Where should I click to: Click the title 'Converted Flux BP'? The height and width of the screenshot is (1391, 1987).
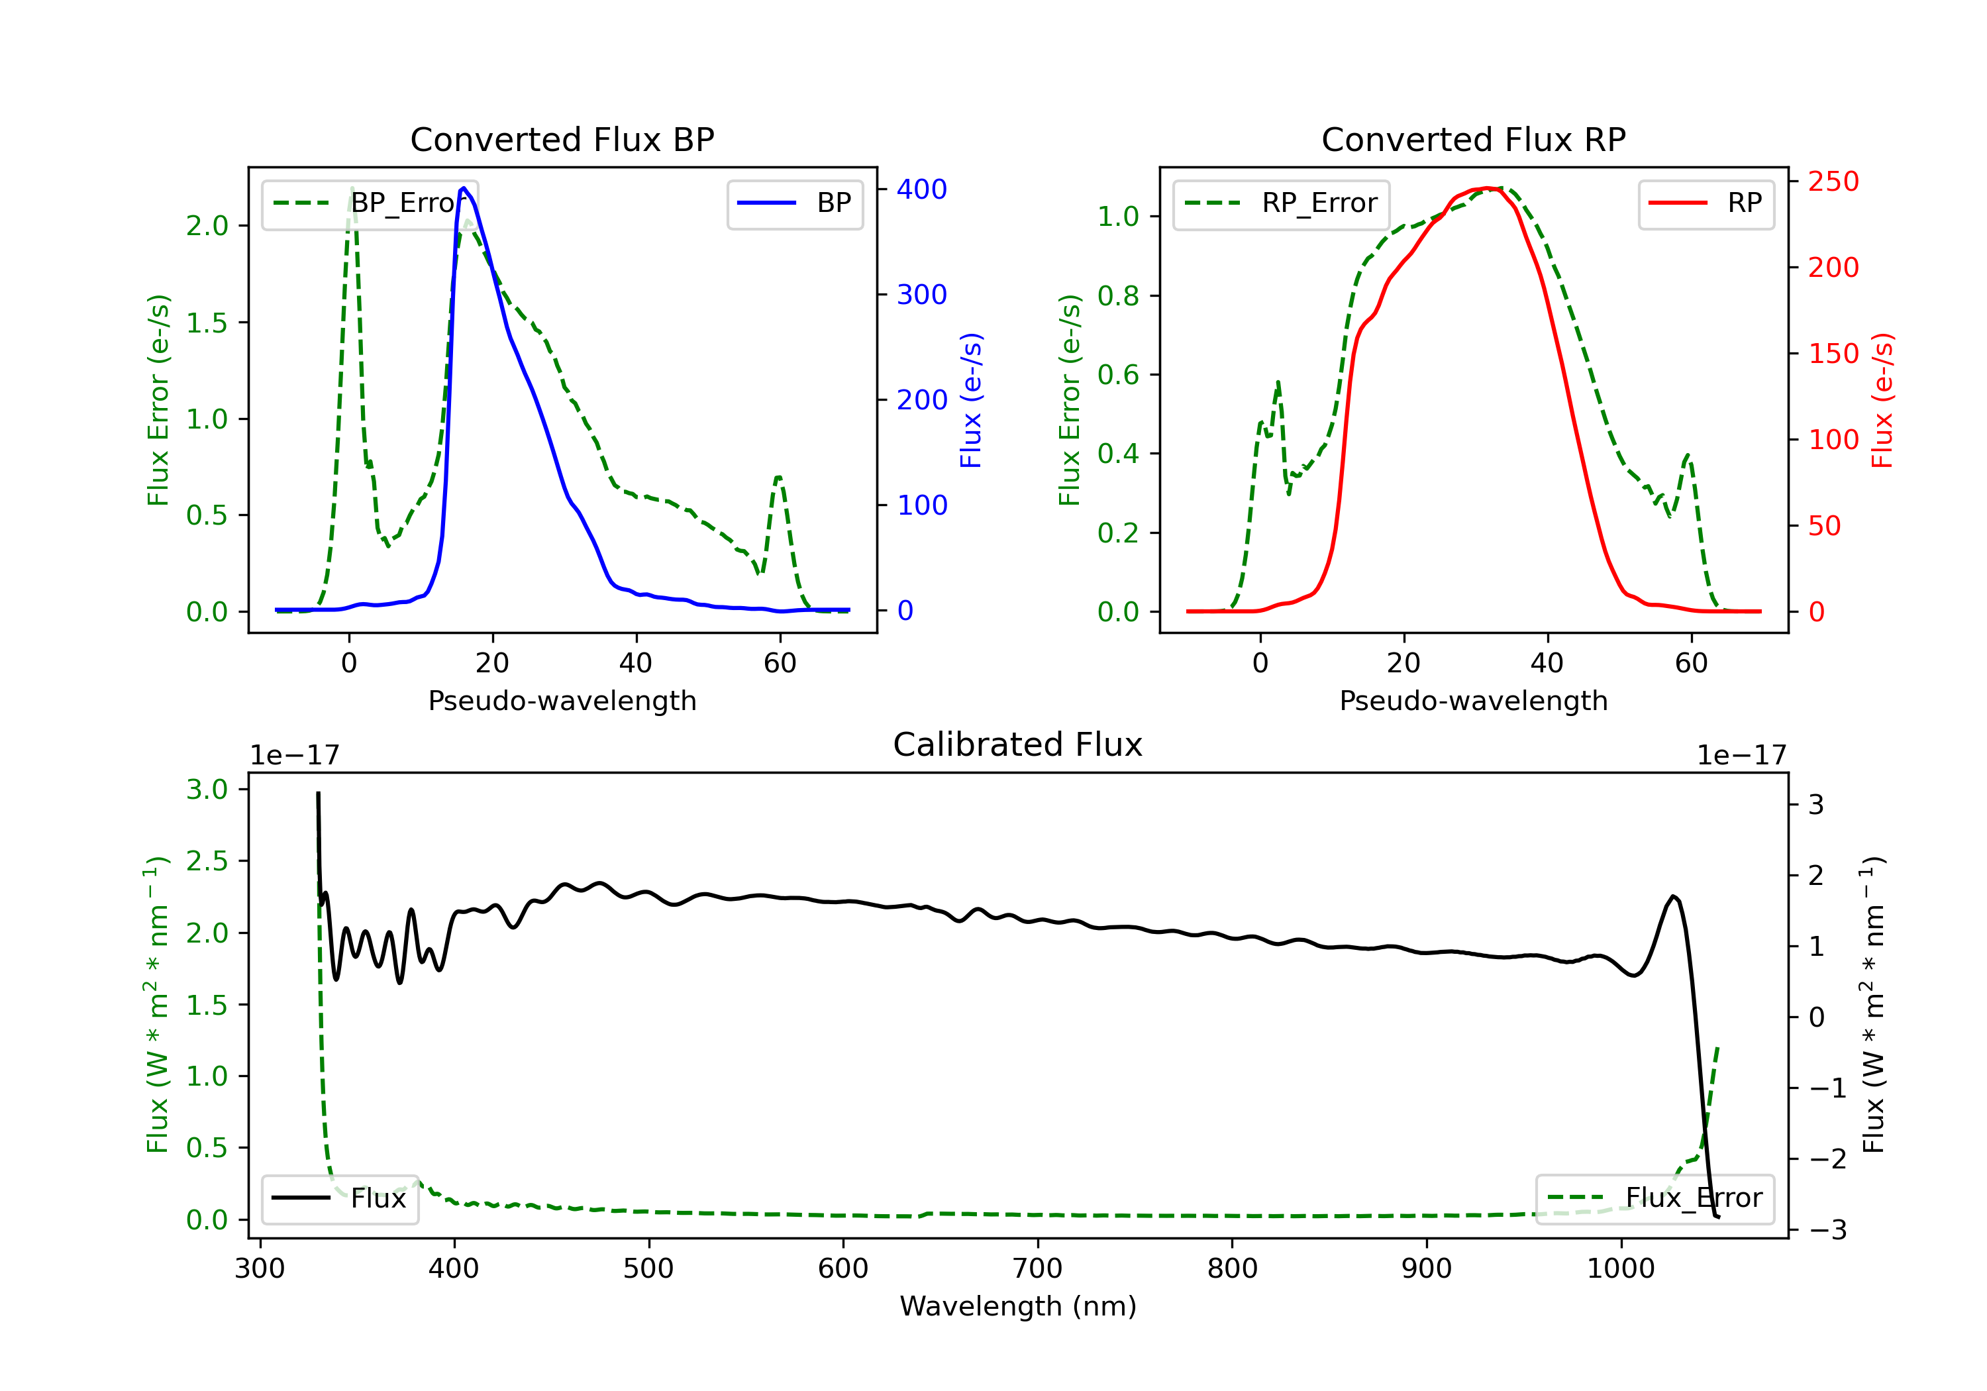tap(562, 139)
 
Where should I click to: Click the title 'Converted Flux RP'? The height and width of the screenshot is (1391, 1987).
tap(1473, 139)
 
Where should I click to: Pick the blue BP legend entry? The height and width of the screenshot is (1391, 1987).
tap(794, 203)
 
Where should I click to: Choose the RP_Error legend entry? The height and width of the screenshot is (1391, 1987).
tap(1281, 203)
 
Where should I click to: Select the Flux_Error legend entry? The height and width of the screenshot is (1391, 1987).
tap(1654, 1198)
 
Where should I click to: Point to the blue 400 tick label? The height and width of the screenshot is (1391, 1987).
tap(922, 189)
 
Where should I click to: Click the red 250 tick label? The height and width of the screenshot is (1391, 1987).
tap(1833, 181)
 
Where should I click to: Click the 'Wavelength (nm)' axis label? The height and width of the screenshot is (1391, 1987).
tap(1018, 1306)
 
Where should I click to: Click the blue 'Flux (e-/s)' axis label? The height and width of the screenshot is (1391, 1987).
tap(971, 400)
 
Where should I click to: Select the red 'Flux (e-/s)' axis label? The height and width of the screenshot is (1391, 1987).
tap(1882, 400)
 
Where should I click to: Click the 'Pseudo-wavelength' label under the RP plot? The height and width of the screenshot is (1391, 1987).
tap(1473, 701)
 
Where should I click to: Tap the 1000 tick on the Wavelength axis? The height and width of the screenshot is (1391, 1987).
tap(1620, 1269)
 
